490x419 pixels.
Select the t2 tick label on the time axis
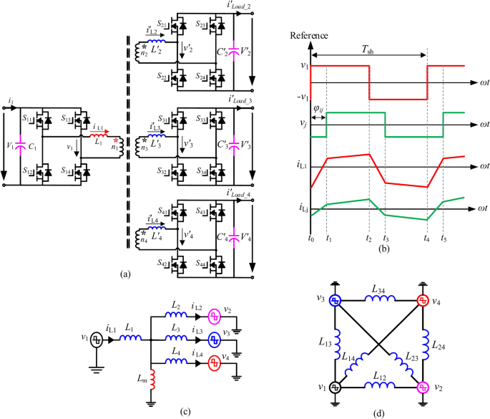tap(368, 239)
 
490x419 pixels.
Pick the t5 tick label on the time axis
tap(444, 239)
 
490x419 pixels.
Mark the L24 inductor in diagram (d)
tap(425, 344)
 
